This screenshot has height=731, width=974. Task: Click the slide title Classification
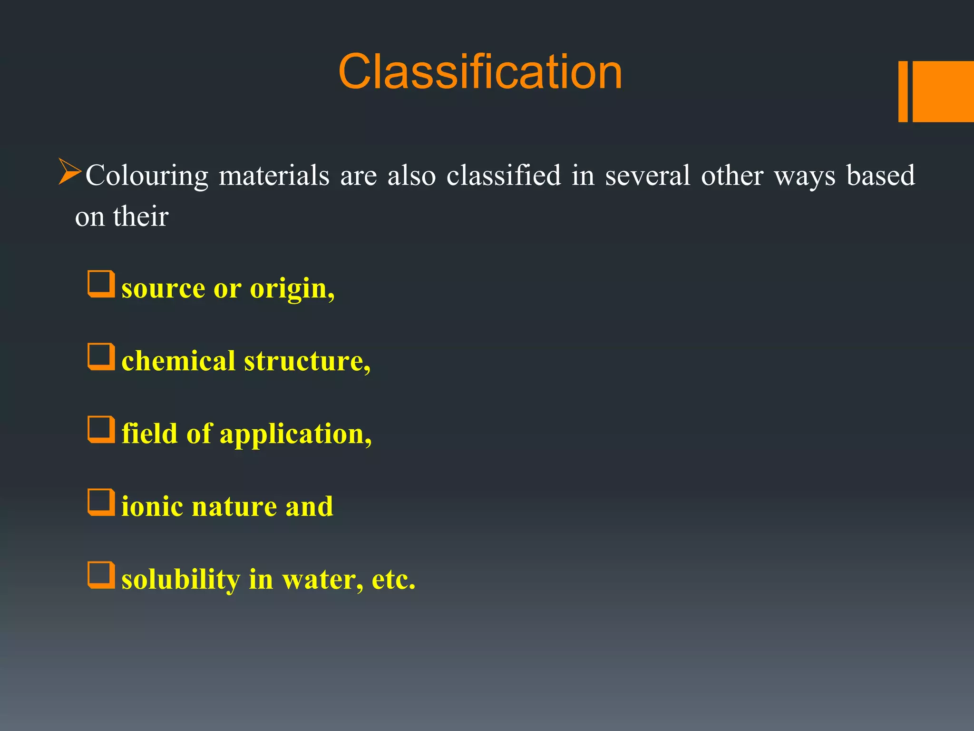click(480, 72)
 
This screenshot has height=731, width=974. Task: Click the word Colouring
click(146, 176)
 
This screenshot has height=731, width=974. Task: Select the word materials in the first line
click(274, 175)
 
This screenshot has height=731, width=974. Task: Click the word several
click(647, 175)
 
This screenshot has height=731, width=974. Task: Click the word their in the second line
click(141, 217)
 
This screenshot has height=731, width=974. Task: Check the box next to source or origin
click(101, 284)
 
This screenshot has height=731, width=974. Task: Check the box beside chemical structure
click(101, 357)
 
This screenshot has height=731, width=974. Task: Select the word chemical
click(178, 361)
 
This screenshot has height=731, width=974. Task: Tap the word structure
click(306, 361)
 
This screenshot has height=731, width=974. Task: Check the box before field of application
click(101, 430)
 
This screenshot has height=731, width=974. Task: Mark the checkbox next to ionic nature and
click(101, 503)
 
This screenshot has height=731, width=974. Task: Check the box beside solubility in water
click(101, 575)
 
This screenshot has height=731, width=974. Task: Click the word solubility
click(181, 580)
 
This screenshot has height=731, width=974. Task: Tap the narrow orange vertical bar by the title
click(903, 91)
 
